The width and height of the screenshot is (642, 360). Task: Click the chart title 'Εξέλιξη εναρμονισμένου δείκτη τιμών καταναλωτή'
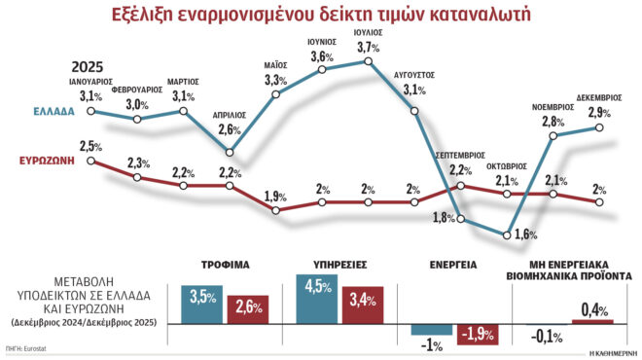(321, 17)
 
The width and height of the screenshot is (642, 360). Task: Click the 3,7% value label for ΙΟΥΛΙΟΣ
(370, 48)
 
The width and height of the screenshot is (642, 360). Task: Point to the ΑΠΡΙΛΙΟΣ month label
(230, 114)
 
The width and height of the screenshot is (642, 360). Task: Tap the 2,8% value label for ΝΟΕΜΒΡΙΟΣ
(553, 121)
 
